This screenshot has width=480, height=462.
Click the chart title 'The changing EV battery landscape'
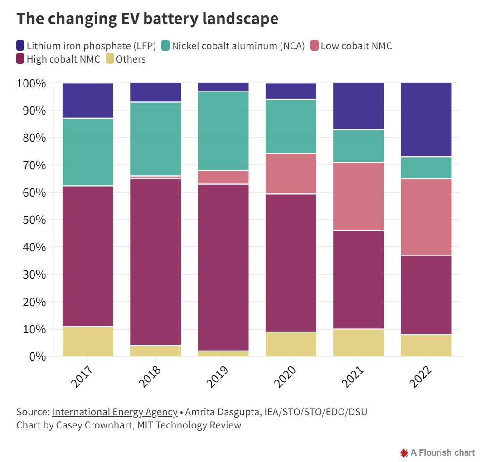click(147, 19)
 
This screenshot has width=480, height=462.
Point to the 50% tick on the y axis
click(31, 220)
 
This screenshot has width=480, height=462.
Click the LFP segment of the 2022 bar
click(426, 120)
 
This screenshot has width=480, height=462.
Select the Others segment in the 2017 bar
click(88, 341)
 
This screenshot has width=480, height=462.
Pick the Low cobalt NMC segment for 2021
click(359, 196)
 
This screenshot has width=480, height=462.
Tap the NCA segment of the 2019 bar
click(223, 130)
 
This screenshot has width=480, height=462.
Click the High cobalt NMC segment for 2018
click(155, 262)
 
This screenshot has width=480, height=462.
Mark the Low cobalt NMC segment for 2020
click(291, 173)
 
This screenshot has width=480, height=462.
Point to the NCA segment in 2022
click(426, 168)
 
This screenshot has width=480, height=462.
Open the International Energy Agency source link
click(115, 412)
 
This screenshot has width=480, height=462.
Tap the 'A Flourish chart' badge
click(438, 452)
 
